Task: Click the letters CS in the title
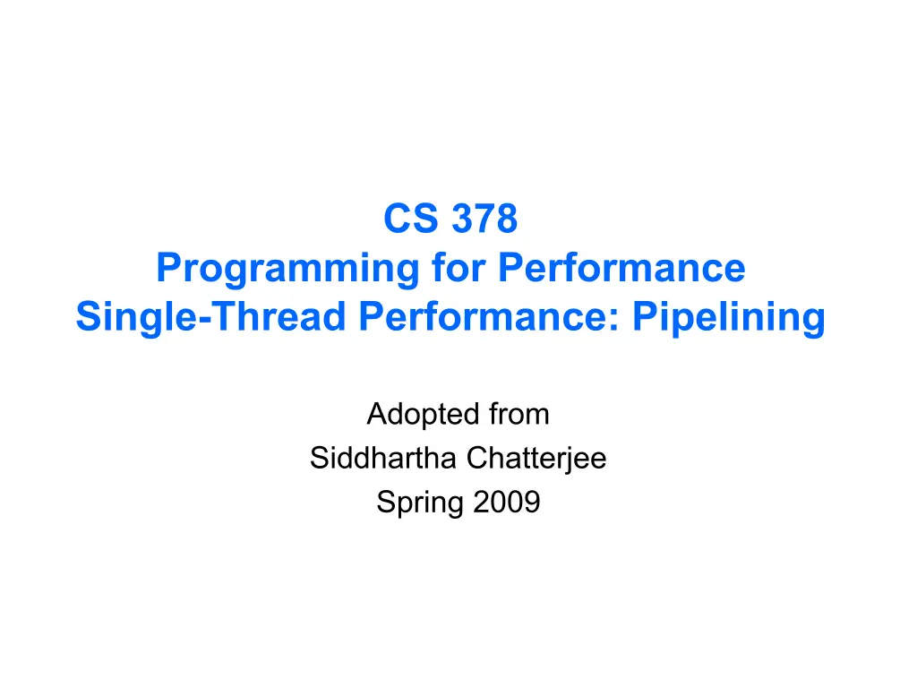click(410, 219)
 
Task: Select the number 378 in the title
click(484, 219)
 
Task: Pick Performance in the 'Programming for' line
click(621, 267)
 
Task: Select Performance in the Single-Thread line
click(482, 316)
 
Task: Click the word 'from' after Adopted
click(519, 414)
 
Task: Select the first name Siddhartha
click(383, 458)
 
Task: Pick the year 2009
click(507, 502)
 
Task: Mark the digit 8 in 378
click(507, 219)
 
